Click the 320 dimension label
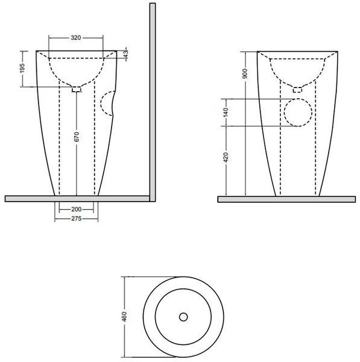76,37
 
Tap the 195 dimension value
22,68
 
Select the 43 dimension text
125,54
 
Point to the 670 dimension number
77,137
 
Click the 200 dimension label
76,209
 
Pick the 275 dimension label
76,218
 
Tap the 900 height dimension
245,74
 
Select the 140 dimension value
226,112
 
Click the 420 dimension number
226,157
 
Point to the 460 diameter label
124,317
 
